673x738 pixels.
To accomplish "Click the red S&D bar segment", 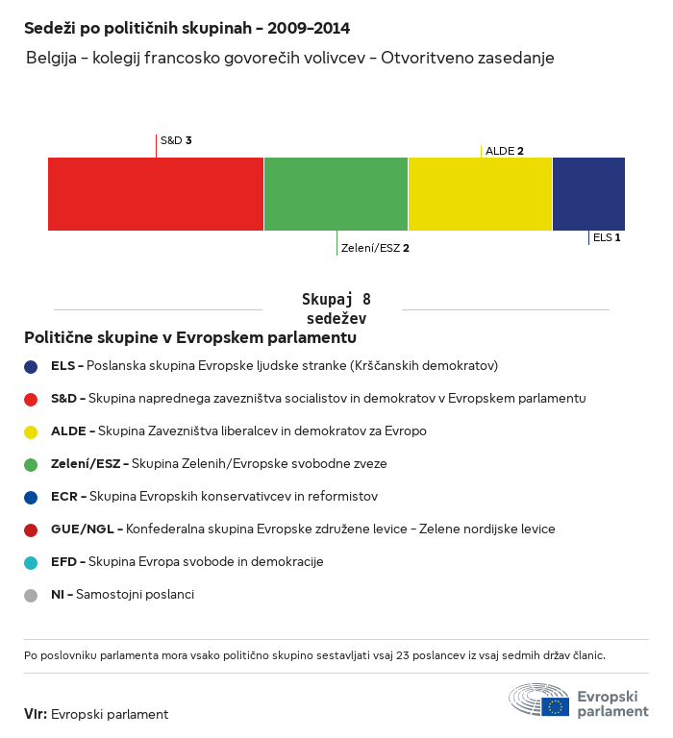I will tap(156, 194).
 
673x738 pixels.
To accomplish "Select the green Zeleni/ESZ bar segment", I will tap(336, 194).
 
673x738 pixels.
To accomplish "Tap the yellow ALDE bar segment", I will tap(480, 194).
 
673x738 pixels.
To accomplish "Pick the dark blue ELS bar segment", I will tap(588, 194).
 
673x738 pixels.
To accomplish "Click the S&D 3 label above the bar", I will tap(176, 140).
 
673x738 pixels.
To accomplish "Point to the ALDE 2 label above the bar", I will tap(505, 151).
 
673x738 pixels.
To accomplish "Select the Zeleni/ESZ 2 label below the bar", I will tap(375, 248).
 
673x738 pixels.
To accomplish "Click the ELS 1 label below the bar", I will tap(607, 237).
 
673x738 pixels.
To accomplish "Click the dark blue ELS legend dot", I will tap(31, 366).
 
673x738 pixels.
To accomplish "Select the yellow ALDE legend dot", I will tap(31, 431).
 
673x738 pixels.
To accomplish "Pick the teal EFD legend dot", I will tap(31, 562).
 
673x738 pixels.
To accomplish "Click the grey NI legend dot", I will tap(31, 595).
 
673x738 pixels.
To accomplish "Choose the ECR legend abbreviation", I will tap(64, 496).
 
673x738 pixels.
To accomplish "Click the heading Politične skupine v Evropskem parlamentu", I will tap(190, 338).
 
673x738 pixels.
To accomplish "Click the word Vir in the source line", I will tap(35, 714).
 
